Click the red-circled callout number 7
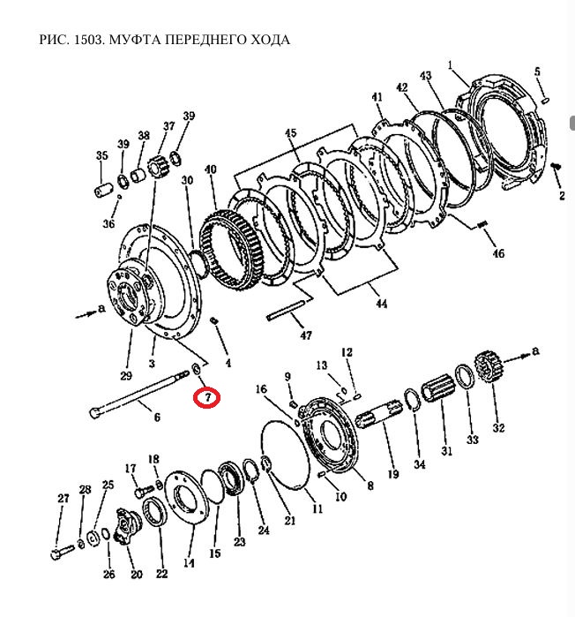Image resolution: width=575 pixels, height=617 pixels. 207,397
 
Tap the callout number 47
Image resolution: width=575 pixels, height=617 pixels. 306,335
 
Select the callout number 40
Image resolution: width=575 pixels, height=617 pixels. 211,169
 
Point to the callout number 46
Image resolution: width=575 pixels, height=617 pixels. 498,253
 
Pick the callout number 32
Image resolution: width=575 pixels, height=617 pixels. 498,427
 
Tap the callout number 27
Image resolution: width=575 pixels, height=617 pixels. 63,498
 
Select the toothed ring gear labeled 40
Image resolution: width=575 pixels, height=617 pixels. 230,251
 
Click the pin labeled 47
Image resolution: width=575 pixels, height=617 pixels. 286,311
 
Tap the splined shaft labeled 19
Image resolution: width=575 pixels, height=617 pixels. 378,417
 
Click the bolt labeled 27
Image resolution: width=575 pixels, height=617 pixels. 63,551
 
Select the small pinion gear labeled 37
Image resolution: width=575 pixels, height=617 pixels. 158,170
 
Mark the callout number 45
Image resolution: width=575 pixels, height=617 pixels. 291,133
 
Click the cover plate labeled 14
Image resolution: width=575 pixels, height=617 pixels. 186,498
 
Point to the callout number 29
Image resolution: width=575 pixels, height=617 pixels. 126,376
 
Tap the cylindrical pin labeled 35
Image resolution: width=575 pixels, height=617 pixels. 104,192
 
